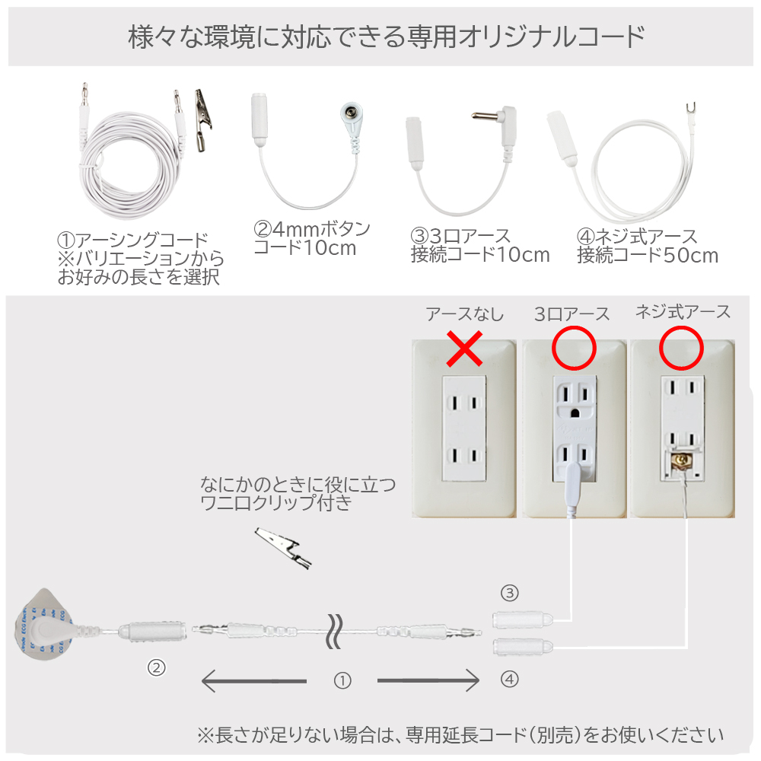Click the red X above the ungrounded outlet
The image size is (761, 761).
(464, 349)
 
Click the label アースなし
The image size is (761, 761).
(465, 314)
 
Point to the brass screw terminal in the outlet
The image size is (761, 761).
(681, 460)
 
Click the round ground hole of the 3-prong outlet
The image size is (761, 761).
(575, 413)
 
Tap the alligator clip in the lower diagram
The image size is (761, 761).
(283, 548)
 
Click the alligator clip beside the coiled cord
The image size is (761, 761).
(203, 120)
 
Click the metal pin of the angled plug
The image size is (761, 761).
(486, 116)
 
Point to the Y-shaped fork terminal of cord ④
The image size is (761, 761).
(691, 108)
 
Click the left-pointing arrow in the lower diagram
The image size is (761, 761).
(254, 681)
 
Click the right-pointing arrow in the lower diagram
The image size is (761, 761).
(428, 681)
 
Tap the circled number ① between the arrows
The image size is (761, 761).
(342, 680)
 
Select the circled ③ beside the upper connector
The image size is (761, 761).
(510, 593)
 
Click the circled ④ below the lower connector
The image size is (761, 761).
(510, 679)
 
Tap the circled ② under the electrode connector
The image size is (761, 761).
(156, 668)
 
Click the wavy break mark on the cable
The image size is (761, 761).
(335, 631)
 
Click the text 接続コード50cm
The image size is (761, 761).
(648, 255)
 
